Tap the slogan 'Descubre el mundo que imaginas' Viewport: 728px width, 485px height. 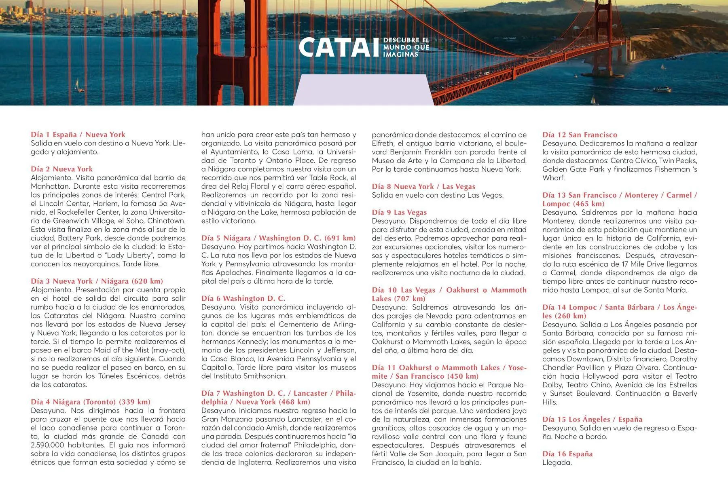(x=406, y=47)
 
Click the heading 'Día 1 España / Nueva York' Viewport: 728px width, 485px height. (x=78, y=135)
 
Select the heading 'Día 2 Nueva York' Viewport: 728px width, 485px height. (x=62, y=169)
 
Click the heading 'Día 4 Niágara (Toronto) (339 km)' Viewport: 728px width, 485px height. (x=91, y=402)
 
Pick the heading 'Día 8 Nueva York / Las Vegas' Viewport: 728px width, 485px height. (x=423, y=186)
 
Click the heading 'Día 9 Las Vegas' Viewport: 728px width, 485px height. (x=399, y=212)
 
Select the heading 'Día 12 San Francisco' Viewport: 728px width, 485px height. (x=580, y=135)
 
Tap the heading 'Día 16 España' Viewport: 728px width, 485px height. (x=567, y=453)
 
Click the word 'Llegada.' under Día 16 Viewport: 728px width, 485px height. (x=557, y=462)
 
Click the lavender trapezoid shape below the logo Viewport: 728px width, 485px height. (x=363, y=91)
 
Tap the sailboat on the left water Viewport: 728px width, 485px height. (x=77, y=84)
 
